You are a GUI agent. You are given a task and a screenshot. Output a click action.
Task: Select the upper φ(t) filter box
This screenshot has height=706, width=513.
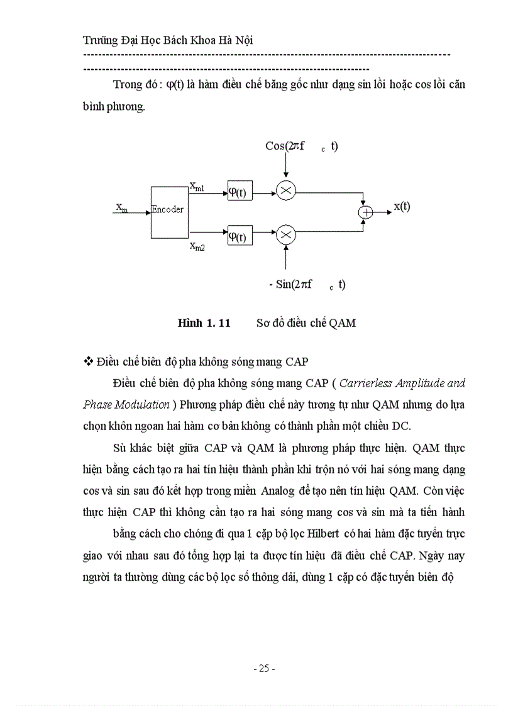coord(240,192)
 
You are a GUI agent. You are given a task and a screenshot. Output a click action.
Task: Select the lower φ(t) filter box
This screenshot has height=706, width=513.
coord(240,236)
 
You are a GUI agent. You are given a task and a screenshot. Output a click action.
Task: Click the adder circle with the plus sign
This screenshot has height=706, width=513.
coord(366,212)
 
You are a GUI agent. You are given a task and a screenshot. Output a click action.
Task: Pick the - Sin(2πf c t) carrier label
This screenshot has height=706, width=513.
coord(307,284)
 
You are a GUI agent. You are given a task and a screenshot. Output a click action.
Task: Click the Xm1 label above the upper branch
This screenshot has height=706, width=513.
coord(197,185)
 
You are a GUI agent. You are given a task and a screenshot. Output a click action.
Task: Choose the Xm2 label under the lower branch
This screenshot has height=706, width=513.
coord(197,246)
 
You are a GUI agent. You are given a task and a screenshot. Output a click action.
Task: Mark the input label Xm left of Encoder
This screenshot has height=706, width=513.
coord(122,207)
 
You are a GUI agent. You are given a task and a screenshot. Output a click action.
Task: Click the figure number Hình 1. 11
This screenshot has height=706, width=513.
coord(204,323)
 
